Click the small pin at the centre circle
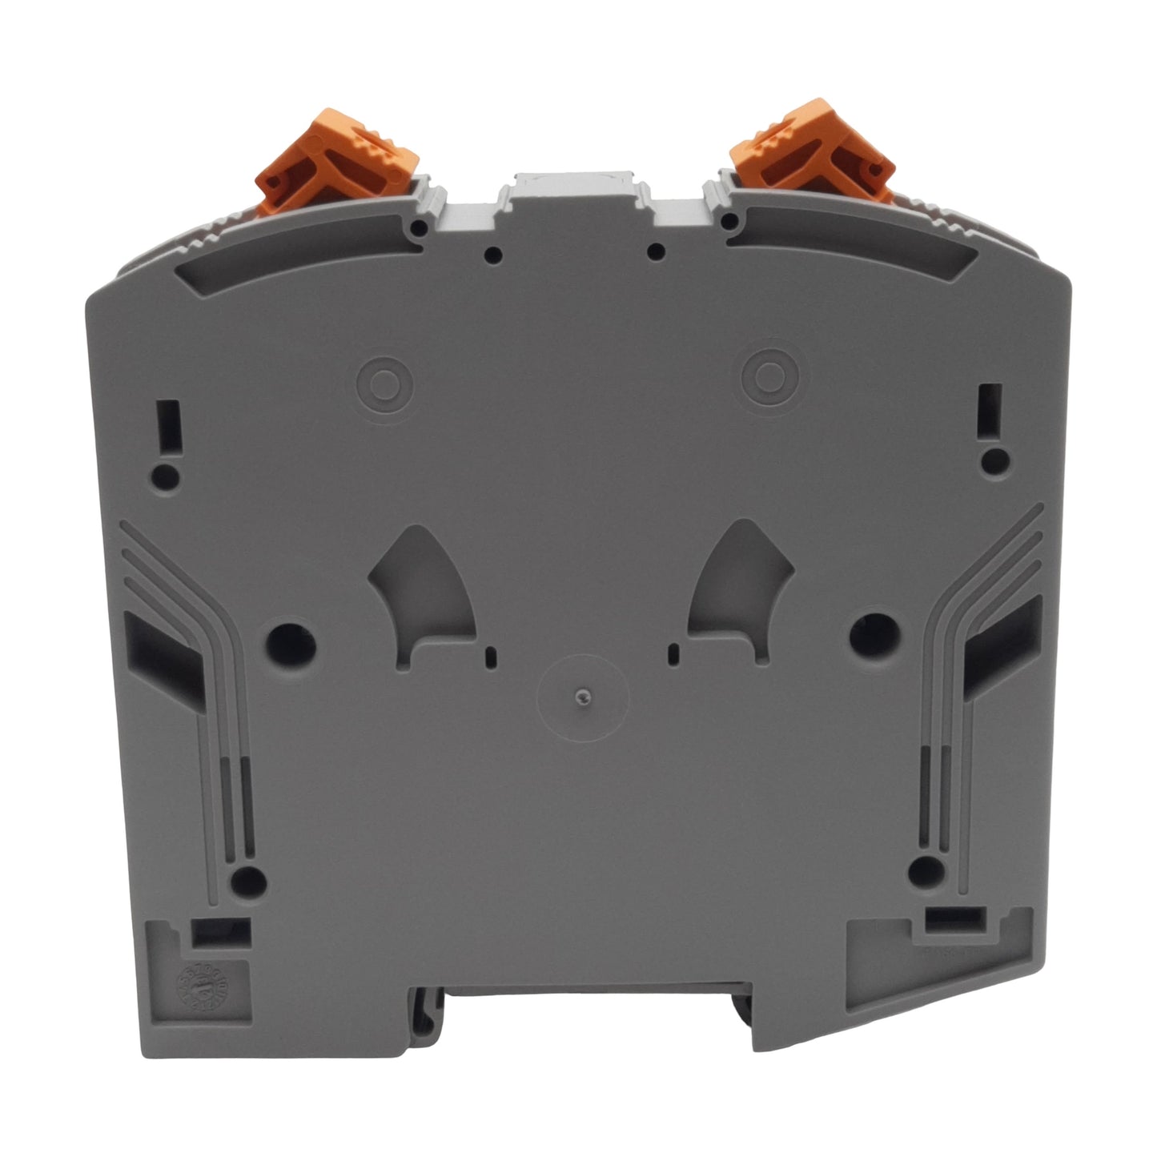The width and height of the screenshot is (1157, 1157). coord(583,697)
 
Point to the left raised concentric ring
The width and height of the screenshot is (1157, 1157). coord(383,379)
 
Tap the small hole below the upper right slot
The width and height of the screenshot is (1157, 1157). coord(995,460)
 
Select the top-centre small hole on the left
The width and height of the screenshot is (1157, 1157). coord(494,256)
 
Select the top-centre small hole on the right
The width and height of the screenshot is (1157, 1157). coord(656,253)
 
